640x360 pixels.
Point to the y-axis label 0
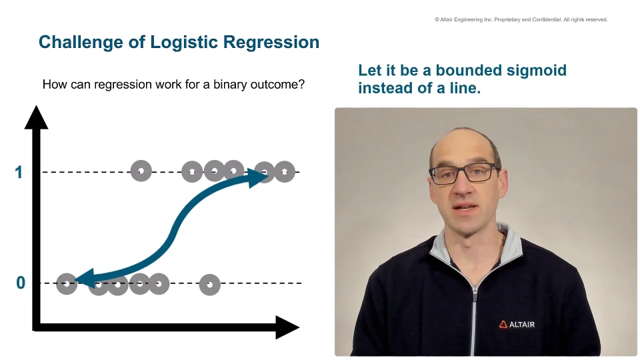click(x=20, y=283)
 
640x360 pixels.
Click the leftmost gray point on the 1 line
click(x=141, y=171)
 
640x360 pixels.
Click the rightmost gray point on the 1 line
click(x=285, y=171)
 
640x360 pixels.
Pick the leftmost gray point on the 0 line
click(x=66, y=284)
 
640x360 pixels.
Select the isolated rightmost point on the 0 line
click(x=209, y=285)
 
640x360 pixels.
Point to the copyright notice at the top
click(x=521, y=20)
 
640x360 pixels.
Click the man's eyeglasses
click(x=464, y=174)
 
